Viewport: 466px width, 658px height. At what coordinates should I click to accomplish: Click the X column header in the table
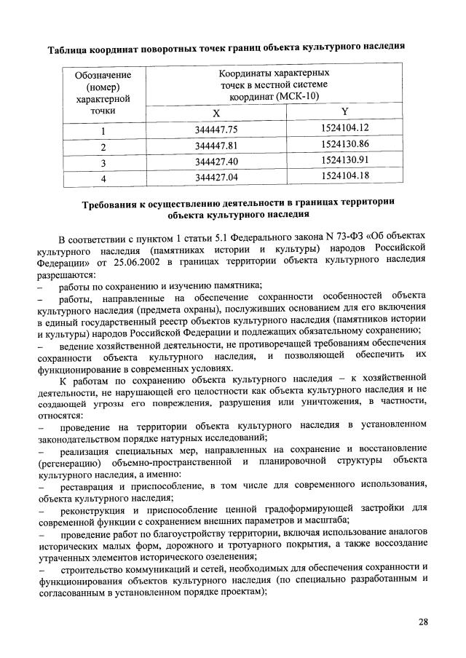(216, 114)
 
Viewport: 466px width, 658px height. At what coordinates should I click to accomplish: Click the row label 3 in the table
(103, 162)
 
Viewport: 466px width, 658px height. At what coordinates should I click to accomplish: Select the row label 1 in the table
(103, 131)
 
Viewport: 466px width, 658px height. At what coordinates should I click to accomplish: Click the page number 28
(424, 622)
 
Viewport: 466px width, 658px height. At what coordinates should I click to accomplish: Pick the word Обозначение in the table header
(103, 75)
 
